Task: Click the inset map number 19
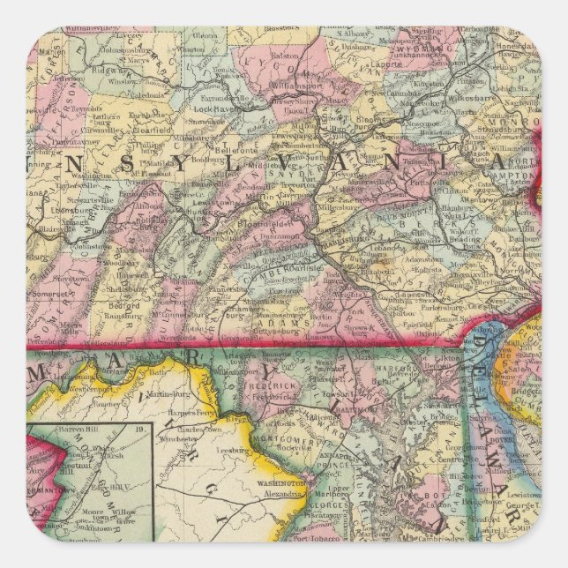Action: point(138,430)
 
